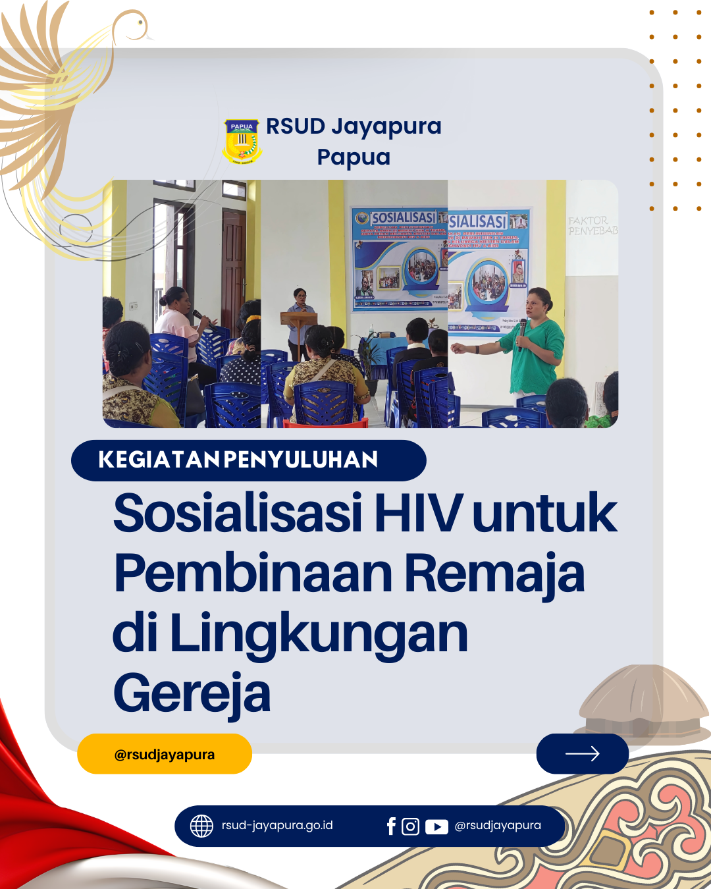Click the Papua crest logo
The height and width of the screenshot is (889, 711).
click(x=242, y=141)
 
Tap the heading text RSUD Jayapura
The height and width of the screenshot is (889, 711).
click(x=354, y=126)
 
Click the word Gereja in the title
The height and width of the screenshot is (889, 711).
click(x=192, y=693)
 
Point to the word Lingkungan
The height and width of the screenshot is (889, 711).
click(x=319, y=633)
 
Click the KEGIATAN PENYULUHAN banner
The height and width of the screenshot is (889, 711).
click(x=248, y=460)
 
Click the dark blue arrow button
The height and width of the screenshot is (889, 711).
click(x=582, y=753)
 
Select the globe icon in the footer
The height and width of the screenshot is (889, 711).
click(x=201, y=826)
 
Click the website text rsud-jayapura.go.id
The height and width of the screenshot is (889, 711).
click(x=277, y=826)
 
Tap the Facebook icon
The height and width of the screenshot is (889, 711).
click(x=391, y=826)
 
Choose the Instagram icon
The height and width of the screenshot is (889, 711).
click(x=410, y=826)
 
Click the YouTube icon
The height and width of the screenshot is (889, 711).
click(x=436, y=826)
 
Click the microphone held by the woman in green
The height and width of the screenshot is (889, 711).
click(x=522, y=329)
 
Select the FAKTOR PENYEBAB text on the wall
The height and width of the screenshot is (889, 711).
click(x=592, y=226)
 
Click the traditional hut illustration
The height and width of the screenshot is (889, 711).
click(x=642, y=701)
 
